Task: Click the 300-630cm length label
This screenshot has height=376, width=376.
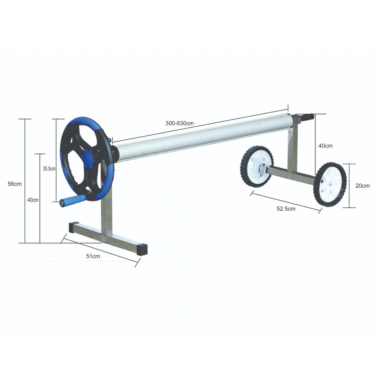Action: tap(179, 123)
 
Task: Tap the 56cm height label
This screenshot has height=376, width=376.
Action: tap(15, 184)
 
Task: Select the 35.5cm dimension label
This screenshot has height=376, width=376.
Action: tap(49, 168)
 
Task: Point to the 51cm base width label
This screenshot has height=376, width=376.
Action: tap(93, 256)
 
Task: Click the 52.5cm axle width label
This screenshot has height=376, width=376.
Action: tap(286, 209)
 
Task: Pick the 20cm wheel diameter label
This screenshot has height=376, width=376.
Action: tap(362, 186)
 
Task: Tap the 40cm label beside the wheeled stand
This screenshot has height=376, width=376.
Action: tap(325, 146)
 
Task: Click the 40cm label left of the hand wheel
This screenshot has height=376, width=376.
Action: tap(33, 200)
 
